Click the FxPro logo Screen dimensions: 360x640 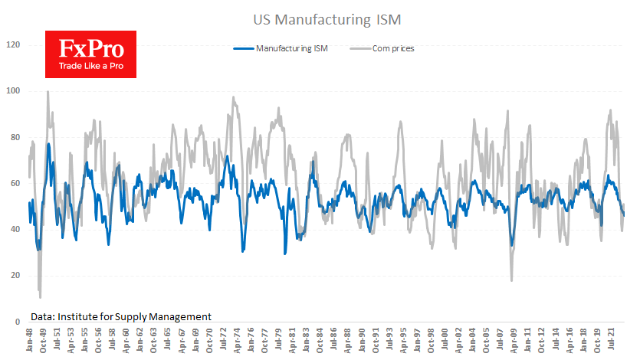pos(90,54)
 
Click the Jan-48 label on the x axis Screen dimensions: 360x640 pos(29,341)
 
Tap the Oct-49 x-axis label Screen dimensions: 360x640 pos(47,341)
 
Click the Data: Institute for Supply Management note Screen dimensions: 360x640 pos(121,316)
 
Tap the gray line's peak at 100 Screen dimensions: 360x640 pos(48,92)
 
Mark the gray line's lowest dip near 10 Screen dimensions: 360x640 pos(40,297)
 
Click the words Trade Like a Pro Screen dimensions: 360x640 pos(90,65)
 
